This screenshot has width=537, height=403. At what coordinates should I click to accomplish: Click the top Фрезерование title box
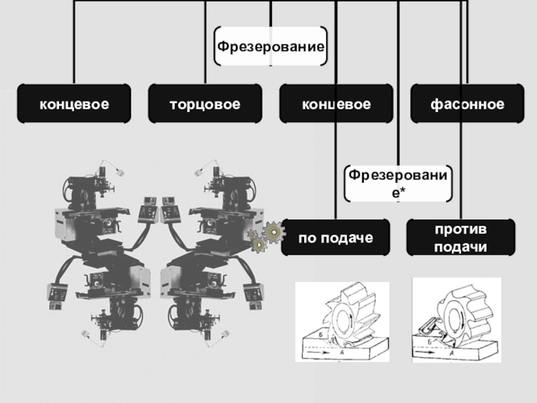pyautogui.click(x=271, y=47)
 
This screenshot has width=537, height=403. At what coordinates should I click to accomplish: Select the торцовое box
pyautogui.click(x=205, y=104)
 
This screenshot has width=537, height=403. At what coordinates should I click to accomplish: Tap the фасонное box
pyautogui.click(x=467, y=104)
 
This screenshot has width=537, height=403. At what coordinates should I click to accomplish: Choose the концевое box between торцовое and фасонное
pyautogui.click(x=336, y=104)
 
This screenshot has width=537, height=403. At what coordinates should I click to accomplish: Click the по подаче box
pyautogui.click(x=335, y=238)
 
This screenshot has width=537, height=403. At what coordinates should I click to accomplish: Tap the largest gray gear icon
pyautogui.click(x=274, y=232)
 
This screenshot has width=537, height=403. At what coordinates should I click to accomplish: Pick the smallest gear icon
pyautogui.click(x=253, y=234)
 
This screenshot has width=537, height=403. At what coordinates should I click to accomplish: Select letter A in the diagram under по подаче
pyautogui.click(x=343, y=351)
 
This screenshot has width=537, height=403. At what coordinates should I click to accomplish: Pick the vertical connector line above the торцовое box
pyautogui.click(x=205, y=40)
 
